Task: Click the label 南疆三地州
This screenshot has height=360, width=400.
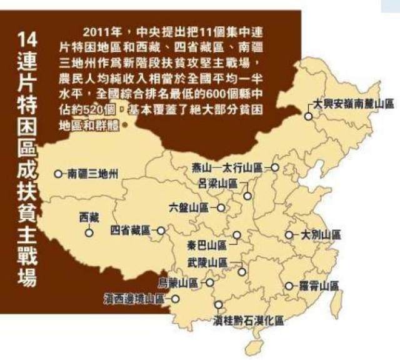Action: click(92, 174)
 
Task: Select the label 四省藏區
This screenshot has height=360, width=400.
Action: click(131, 230)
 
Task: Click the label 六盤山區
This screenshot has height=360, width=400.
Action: click(189, 206)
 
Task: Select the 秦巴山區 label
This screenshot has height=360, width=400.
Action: click(206, 244)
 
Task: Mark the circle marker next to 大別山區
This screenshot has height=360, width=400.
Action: click(289, 235)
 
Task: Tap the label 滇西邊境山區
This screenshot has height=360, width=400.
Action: click(134, 299)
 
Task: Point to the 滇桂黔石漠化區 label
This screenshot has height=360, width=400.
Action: click(248, 320)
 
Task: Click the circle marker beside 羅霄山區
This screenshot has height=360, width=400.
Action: click(289, 286)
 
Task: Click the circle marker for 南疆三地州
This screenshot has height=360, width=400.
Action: click(59, 174)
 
